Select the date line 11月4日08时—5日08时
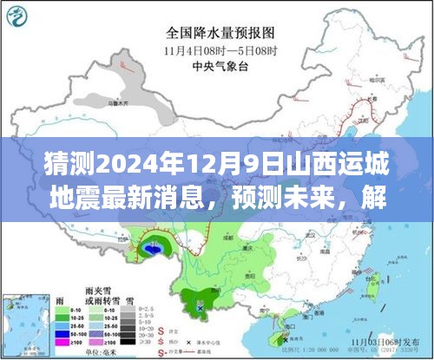click(x=217, y=50)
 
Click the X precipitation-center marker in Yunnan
click(x=200, y=306)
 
